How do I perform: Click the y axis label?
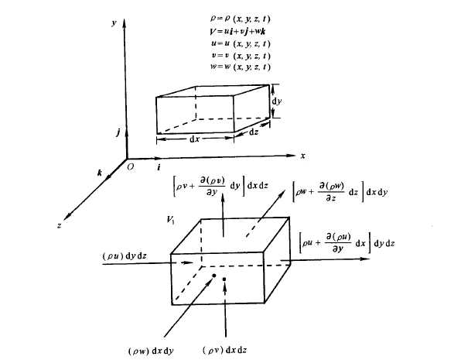(114, 23)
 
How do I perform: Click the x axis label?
(303, 156)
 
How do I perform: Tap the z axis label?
(59, 226)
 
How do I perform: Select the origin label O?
(131, 167)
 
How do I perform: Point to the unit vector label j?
(118, 132)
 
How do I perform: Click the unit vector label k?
(100, 173)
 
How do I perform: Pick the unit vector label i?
(159, 167)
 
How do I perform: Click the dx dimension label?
(195, 139)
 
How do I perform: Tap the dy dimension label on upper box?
(277, 101)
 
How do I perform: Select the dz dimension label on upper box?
(254, 132)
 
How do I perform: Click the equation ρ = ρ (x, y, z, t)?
(241, 19)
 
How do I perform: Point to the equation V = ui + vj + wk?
(238, 31)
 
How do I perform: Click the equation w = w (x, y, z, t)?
(241, 67)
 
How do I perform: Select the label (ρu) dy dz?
(125, 255)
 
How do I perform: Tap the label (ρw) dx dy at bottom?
(151, 351)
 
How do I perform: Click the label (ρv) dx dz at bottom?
(225, 350)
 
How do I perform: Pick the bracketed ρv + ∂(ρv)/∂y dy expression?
(220, 186)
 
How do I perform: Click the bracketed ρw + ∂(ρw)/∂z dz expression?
(340, 192)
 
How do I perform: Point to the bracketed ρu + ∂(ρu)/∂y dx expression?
(347, 243)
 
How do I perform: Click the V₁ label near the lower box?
(170, 220)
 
